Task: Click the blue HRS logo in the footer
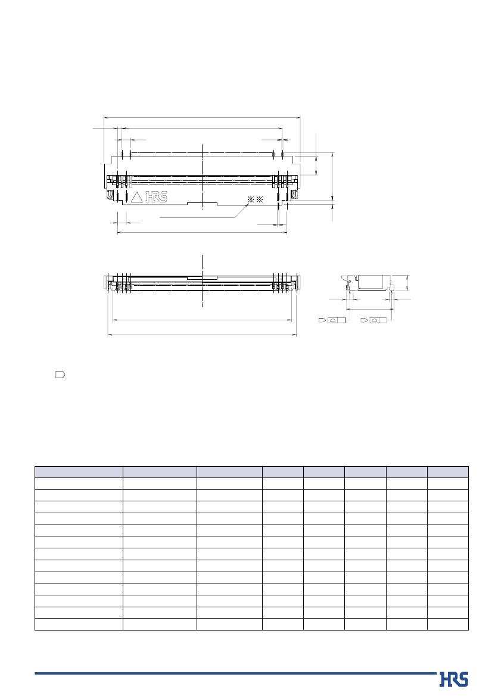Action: [x=453, y=679]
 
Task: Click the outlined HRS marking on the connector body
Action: [x=157, y=197]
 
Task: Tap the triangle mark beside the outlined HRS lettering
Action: [x=136, y=198]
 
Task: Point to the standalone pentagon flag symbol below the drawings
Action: [x=60, y=374]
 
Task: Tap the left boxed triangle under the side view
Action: [x=333, y=320]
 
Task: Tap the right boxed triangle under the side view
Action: [x=375, y=320]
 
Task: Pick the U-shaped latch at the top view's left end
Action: [x=111, y=195]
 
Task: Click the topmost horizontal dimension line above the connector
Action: [x=202, y=117]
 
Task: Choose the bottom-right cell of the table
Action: [x=448, y=624]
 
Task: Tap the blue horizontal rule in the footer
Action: [x=235, y=673]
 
